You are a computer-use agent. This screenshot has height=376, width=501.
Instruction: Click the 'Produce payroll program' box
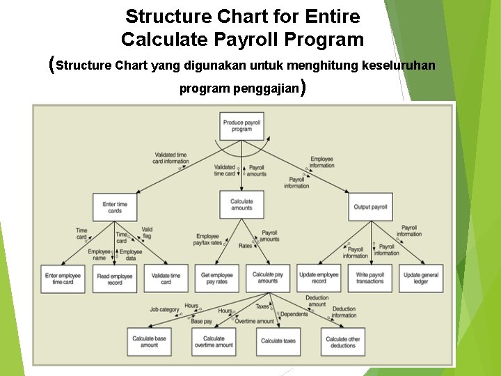[x=241, y=125]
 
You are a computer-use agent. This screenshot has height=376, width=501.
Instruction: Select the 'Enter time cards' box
[x=115, y=207]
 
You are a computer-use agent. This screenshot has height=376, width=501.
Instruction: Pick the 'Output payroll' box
[x=370, y=207]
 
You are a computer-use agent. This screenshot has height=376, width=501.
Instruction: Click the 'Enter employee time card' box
[x=63, y=279]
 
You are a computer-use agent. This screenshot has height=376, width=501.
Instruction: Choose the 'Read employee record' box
[x=115, y=279]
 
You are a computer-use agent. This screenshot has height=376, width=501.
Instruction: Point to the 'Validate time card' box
[x=166, y=279]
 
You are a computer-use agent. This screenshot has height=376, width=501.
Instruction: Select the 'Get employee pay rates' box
[x=216, y=279]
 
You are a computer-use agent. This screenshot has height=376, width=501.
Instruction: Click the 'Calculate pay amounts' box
[x=268, y=278]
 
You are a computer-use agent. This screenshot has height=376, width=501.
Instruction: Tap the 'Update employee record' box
[x=319, y=278]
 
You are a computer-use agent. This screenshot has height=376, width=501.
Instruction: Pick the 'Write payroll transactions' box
[x=370, y=278]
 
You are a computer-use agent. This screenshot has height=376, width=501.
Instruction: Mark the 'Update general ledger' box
[x=421, y=278]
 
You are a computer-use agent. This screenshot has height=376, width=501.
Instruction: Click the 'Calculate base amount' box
[x=150, y=341]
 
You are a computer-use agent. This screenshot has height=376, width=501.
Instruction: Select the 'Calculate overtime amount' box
[x=214, y=341]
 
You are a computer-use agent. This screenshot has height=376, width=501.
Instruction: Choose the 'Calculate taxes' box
[x=278, y=341]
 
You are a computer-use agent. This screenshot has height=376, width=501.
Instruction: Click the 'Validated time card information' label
[x=171, y=158]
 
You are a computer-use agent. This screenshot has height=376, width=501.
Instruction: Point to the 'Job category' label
[x=164, y=309]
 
